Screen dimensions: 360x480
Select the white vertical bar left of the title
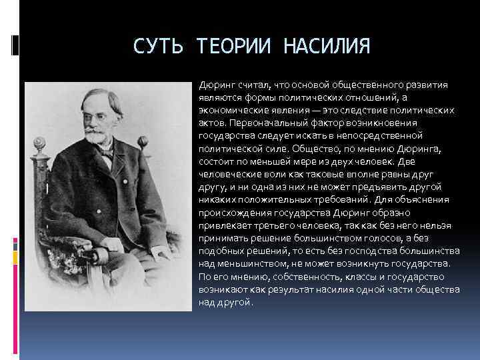pyautogui.click(x=15, y=45)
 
